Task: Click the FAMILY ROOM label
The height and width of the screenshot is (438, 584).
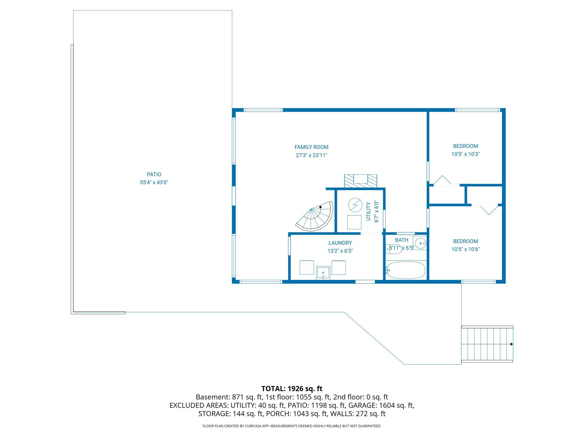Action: [x=311, y=147]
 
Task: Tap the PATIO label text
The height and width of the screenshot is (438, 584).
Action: [x=154, y=174]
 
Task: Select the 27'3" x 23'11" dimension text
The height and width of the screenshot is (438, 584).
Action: [x=311, y=155]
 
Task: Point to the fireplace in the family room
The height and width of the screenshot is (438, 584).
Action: [x=361, y=181]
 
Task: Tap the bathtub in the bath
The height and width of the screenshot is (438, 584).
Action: [x=406, y=270]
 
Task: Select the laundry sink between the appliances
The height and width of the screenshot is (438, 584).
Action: [x=323, y=273]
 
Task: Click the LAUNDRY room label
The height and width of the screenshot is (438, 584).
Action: [x=340, y=243]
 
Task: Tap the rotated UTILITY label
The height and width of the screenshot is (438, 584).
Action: [x=368, y=212]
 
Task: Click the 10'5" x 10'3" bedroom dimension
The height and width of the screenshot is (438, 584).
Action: [x=465, y=154]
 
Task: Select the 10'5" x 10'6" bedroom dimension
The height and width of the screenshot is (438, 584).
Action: [x=465, y=249]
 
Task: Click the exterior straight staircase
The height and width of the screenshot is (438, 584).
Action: [x=487, y=344]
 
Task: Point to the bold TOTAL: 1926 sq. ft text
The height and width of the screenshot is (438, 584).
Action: [x=292, y=389]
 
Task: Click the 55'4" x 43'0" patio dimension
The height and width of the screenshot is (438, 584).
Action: [x=154, y=182]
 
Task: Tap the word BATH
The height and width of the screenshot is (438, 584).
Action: [x=401, y=240]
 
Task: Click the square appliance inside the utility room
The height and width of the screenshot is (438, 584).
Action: [x=354, y=222]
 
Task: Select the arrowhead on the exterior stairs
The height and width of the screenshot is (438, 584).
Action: [x=512, y=344]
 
